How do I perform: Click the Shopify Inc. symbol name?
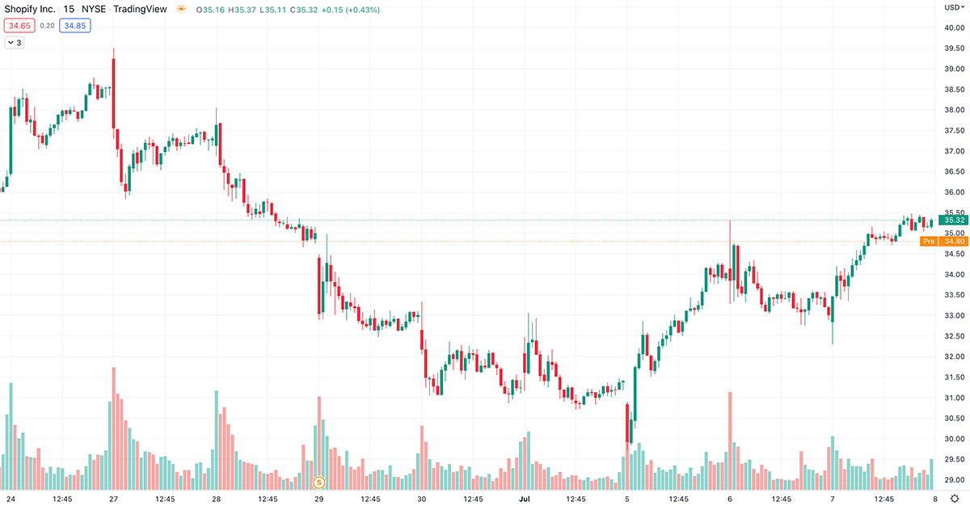click(x=30, y=10)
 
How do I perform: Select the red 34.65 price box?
click(x=19, y=26)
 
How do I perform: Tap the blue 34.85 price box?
click(x=74, y=26)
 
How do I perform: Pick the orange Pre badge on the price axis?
click(x=929, y=241)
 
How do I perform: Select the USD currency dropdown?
click(x=953, y=7)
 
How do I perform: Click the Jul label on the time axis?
click(x=524, y=499)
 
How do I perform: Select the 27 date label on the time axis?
click(x=113, y=499)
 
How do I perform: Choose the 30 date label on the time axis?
click(x=422, y=499)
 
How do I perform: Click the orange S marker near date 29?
click(x=318, y=483)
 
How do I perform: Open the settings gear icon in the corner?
click(x=955, y=498)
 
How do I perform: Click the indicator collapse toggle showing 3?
click(x=14, y=43)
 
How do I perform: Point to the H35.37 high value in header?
click(x=242, y=10)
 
